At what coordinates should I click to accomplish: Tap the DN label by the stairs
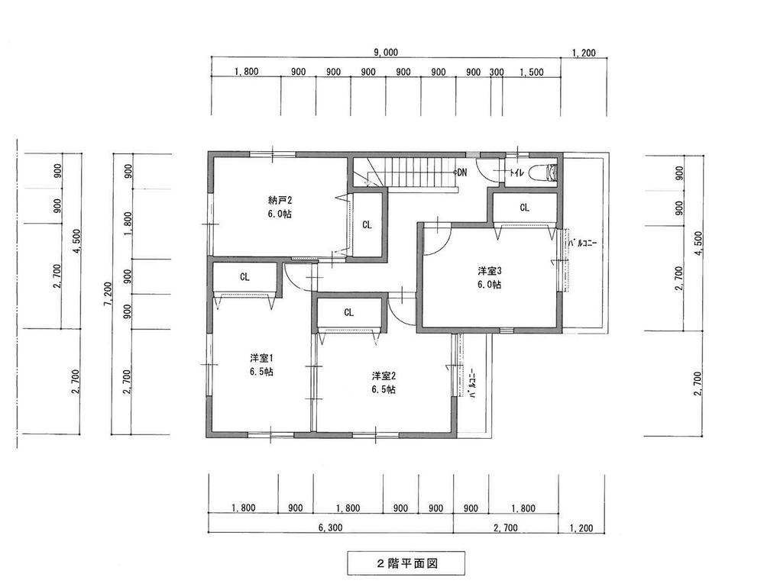[x=461, y=173]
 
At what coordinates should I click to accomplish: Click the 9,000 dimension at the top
[x=385, y=53]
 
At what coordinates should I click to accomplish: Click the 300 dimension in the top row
[x=497, y=72]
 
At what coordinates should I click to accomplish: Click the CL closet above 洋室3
[x=524, y=207]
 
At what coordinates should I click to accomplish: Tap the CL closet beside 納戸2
[x=367, y=225]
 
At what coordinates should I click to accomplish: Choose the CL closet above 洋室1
[x=244, y=277]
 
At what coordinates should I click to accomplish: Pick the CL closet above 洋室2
[x=348, y=312]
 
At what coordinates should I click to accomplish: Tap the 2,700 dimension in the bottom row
[x=507, y=527]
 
